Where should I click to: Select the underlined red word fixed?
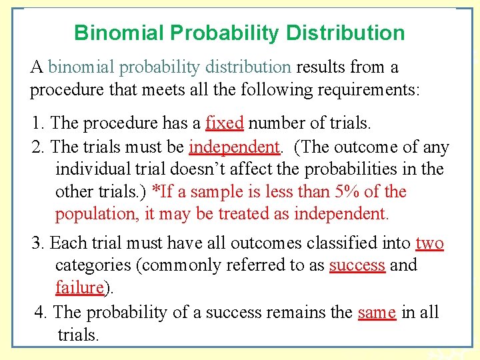tap(224, 123)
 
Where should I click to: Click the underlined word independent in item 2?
tap(234, 147)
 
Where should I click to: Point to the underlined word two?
tap(429, 243)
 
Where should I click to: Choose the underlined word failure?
tap(79, 288)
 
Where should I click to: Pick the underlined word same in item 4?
tap(377, 312)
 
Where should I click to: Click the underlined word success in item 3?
tap(357, 265)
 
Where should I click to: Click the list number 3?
tap(37, 243)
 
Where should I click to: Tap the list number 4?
tap(40, 312)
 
